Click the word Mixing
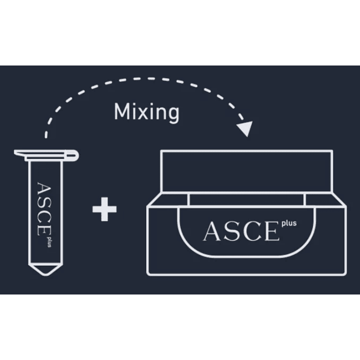[x=146, y=112]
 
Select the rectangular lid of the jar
[x=246, y=171]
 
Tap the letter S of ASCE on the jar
[x=232, y=232]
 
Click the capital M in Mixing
[x=121, y=112]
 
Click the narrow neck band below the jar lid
[x=246, y=199]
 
